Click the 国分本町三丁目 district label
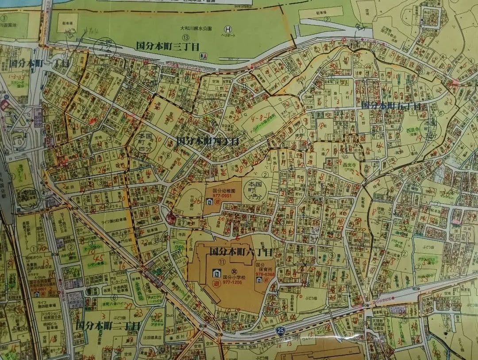pyautogui.click(x=167, y=46)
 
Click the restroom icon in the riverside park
pyautogui.click(x=203, y=56)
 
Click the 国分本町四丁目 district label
pyautogui.click(x=207, y=141)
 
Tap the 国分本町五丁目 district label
pyautogui.click(x=390, y=105)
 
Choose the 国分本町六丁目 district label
pyautogui.click(x=240, y=252)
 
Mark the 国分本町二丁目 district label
pyautogui.click(x=108, y=325)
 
